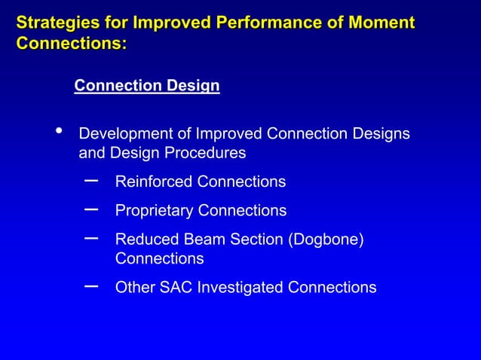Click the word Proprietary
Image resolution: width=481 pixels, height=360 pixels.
(155, 211)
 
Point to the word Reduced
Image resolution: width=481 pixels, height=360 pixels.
(146, 239)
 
